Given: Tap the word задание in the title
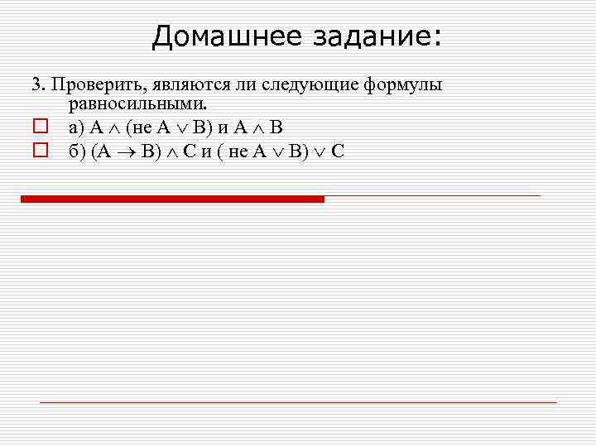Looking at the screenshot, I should (x=377, y=36).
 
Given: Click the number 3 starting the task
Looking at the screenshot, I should (x=36, y=84).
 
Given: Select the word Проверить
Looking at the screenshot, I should (x=88, y=84).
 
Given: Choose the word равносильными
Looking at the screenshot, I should (x=137, y=104).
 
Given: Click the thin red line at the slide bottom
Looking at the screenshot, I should (x=298, y=402).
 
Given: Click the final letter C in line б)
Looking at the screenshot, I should (x=338, y=151).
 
